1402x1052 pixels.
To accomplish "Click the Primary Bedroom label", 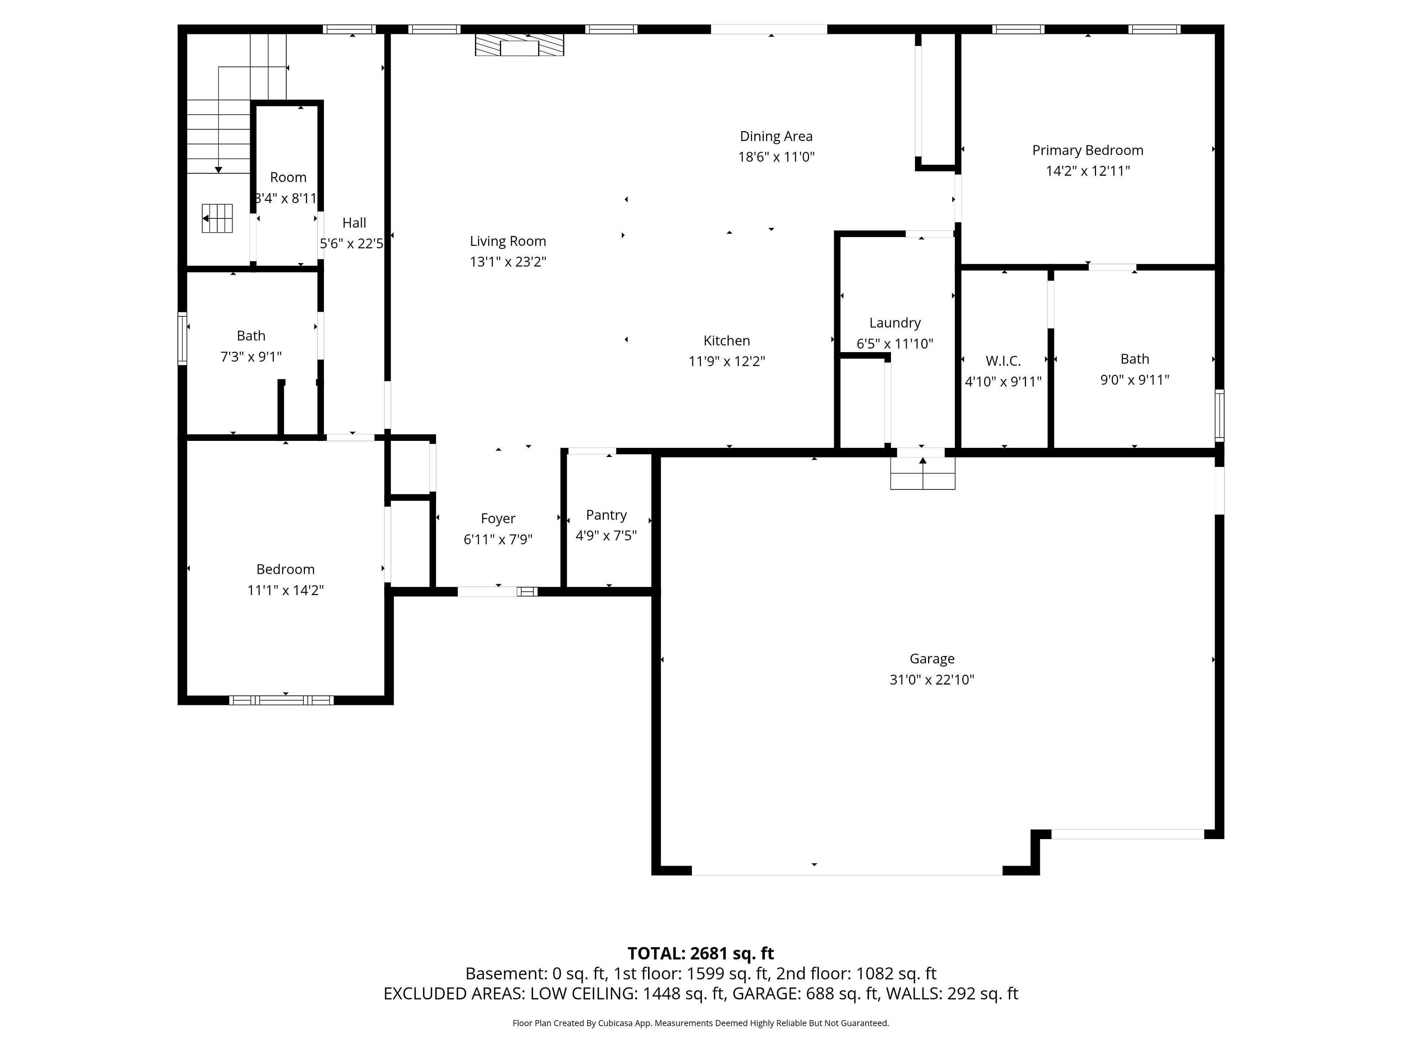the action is tap(1088, 150).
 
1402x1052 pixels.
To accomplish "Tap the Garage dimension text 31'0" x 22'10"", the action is tap(932, 680).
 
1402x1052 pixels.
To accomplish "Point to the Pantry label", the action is tap(606, 515).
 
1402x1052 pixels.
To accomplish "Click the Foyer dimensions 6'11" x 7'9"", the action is tap(498, 539).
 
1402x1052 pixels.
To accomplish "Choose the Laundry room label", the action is tap(895, 323).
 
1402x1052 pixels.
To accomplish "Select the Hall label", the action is tap(354, 222).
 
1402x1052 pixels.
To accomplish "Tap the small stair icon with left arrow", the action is tap(217, 219).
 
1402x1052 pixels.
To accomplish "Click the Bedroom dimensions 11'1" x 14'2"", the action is tap(285, 590).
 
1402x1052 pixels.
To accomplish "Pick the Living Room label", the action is tap(508, 241).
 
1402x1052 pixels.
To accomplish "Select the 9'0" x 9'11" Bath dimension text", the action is tap(1134, 380).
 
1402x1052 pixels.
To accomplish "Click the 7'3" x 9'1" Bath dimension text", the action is tap(251, 357).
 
